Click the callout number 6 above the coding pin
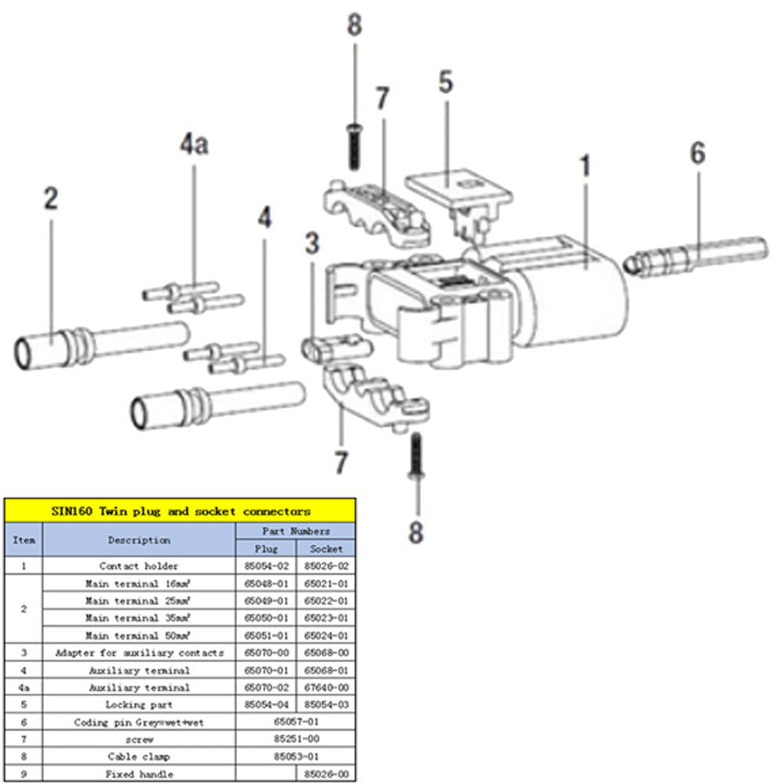[697, 154]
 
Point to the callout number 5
[445, 82]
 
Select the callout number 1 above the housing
[585, 167]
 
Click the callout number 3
[312, 244]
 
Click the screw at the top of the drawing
[354, 146]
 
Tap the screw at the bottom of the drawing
[416, 459]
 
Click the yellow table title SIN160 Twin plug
[180, 511]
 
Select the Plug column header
[267, 548]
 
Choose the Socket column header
[325, 548]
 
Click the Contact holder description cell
[139, 565]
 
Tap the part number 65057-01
[296, 722]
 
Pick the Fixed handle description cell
[139, 774]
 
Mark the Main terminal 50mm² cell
[139, 635]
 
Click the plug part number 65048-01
[267, 583]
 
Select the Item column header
[24, 539]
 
